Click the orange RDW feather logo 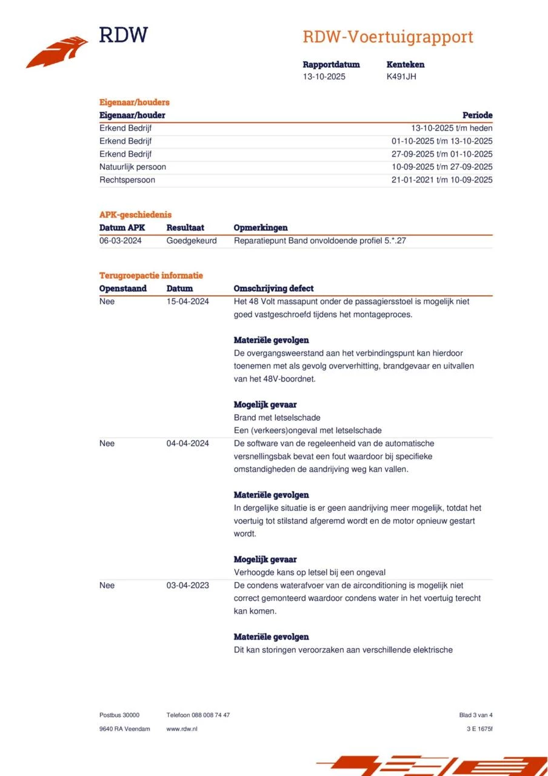58,52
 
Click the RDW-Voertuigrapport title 388,37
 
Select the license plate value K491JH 401,76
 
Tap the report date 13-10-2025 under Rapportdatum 324,76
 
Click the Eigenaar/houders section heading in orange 135,102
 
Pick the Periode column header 477,115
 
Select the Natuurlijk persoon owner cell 133,167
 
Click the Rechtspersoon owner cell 127,180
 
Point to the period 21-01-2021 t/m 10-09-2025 442,180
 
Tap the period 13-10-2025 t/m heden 452,128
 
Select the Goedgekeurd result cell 192,241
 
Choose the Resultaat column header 185,228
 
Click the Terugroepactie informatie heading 151,275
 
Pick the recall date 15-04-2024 188,301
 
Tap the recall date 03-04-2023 188,586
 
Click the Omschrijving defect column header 274,289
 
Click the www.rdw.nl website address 182,729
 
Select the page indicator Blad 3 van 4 476,715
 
